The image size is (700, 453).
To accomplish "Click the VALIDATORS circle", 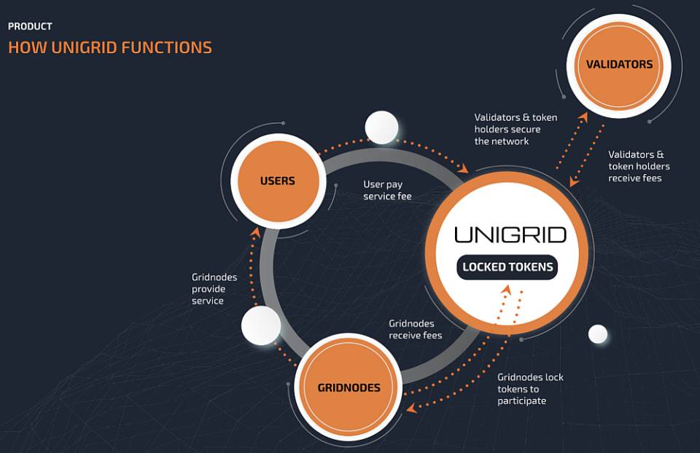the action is pyautogui.click(x=619, y=66).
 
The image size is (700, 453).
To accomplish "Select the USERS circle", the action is pyautogui.click(x=278, y=181).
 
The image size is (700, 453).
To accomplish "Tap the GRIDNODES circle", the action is pyautogui.click(x=349, y=387).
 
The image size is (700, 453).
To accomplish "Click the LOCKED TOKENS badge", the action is pyautogui.click(x=507, y=267).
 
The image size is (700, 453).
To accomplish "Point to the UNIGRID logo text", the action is pyautogui.click(x=510, y=235).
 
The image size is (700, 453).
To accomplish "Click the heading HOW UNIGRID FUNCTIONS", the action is pyautogui.click(x=110, y=48).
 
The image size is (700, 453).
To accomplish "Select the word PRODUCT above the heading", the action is pyautogui.click(x=31, y=26).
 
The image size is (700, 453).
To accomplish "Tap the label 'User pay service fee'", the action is pyautogui.click(x=387, y=190).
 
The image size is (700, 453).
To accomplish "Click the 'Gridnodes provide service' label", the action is pyautogui.click(x=214, y=289).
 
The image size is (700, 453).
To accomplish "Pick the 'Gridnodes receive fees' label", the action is pyautogui.click(x=415, y=329).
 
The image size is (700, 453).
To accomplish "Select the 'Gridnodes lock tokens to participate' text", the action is pyautogui.click(x=530, y=389).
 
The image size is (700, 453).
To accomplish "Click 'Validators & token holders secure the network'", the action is pyautogui.click(x=516, y=130).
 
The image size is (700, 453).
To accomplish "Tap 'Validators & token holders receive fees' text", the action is pyautogui.click(x=639, y=166).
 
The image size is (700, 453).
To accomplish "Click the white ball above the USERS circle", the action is pyautogui.click(x=381, y=127).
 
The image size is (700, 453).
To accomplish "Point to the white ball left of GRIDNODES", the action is pyautogui.click(x=261, y=326).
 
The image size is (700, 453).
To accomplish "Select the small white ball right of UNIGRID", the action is pyautogui.click(x=598, y=334).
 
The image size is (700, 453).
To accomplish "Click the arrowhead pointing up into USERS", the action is pyautogui.click(x=255, y=232).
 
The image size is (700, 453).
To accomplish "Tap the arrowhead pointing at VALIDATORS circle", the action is pyautogui.click(x=583, y=117).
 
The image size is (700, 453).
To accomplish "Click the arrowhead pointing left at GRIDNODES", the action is pyautogui.click(x=411, y=408).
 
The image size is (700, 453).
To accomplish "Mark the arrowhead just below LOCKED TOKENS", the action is pyautogui.click(x=506, y=289).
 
